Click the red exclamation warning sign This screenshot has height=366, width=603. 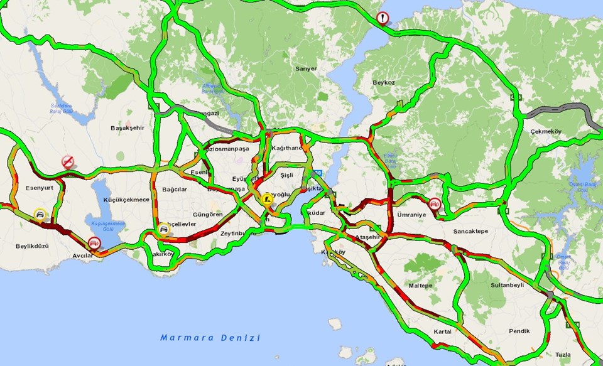point(383,18)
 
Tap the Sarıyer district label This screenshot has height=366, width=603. point(306,68)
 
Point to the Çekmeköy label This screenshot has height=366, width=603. point(545,131)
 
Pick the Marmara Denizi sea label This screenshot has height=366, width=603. point(210,338)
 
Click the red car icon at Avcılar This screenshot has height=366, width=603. point(94,242)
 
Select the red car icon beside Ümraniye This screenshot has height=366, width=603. point(434,204)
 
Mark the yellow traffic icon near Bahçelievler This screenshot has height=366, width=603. point(164,229)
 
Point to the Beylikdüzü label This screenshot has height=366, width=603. point(33,246)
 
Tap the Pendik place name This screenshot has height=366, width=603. point(519,331)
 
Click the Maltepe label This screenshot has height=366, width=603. point(420,285)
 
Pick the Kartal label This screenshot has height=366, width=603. point(443,331)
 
